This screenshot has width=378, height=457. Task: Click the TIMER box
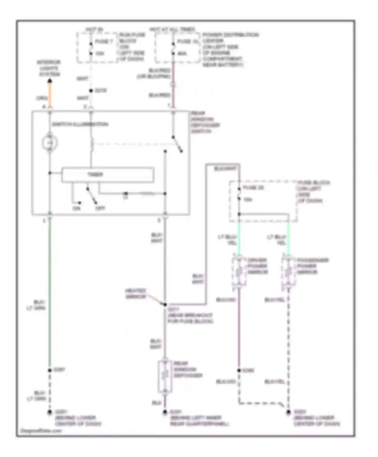pyautogui.click(x=108, y=175)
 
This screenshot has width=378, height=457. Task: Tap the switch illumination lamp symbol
pyautogui.click(x=50, y=143)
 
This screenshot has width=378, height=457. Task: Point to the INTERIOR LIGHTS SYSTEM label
pyautogui.click(x=49, y=68)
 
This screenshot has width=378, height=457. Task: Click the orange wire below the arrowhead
pyautogui.click(x=50, y=94)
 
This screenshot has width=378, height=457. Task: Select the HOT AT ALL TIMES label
pyautogui.click(x=172, y=29)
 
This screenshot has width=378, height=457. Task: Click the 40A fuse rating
pyautogui.click(x=182, y=53)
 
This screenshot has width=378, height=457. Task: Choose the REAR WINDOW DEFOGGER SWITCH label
pyautogui.click(x=205, y=122)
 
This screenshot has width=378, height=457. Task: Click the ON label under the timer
pyautogui.click(x=76, y=208)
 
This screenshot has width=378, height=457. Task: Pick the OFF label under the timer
pyautogui.click(x=100, y=208)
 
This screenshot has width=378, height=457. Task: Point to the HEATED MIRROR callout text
pyautogui.click(x=136, y=294)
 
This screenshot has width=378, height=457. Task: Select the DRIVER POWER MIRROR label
pyautogui.click(x=257, y=266)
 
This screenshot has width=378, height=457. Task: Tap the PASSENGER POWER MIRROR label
pyautogui.click(x=312, y=266)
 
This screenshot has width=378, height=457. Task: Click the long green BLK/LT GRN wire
pyautogui.click(x=50, y=290)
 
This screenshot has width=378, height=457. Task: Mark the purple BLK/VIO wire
pyautogui.click(x=239, y=328)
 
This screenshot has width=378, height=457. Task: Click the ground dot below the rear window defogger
pyautogui.click(x=165, y=412)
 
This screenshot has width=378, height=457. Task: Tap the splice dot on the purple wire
pyautogui.click(x=239, y=370)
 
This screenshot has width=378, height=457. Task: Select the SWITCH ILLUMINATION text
pyautogui.click(x=80, y=124)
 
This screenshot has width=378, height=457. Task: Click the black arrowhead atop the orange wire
pyautogui.click(x=50, y=81)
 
